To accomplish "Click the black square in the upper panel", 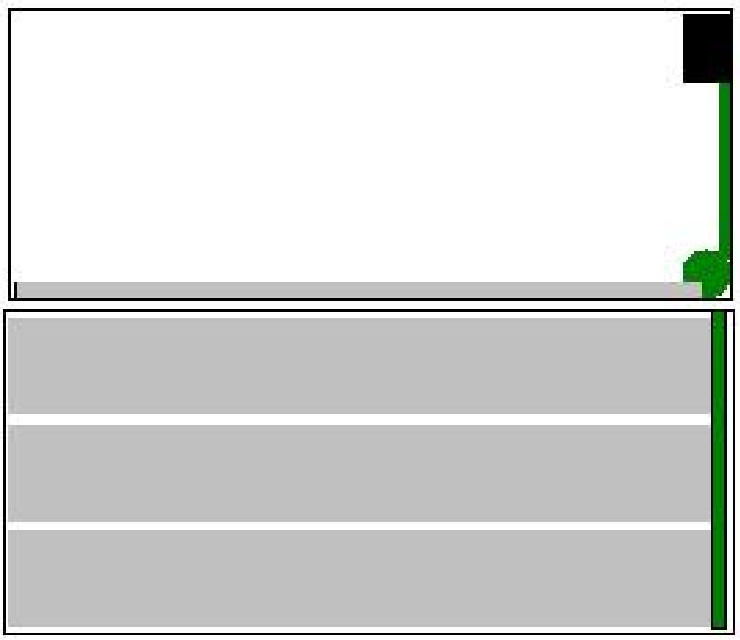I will [707, 48].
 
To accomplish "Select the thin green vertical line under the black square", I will [724, 166].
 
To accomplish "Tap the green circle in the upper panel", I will [707, 272].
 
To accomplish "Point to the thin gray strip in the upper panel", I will [350, 290].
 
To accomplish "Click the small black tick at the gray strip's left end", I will [16, 290].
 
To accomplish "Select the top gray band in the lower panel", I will [359, 366].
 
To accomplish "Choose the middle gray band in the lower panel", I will [359, 473].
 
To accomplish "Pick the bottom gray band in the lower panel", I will [359, 579].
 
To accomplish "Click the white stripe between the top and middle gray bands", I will [359, 420].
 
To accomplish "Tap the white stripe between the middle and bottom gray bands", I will [359, 527].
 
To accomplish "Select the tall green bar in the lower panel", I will [719, 470].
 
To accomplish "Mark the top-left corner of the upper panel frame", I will [9, 10].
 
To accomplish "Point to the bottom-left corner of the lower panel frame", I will [5, 634].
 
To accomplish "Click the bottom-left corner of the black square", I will [684, 83].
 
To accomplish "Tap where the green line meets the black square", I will [724, 83].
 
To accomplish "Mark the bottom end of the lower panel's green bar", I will [719, 628].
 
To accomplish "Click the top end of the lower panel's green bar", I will [719, 312].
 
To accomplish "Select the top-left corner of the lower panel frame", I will [5, 311].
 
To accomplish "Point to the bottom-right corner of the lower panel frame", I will [734, 634].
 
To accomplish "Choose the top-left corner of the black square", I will [684, 15].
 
